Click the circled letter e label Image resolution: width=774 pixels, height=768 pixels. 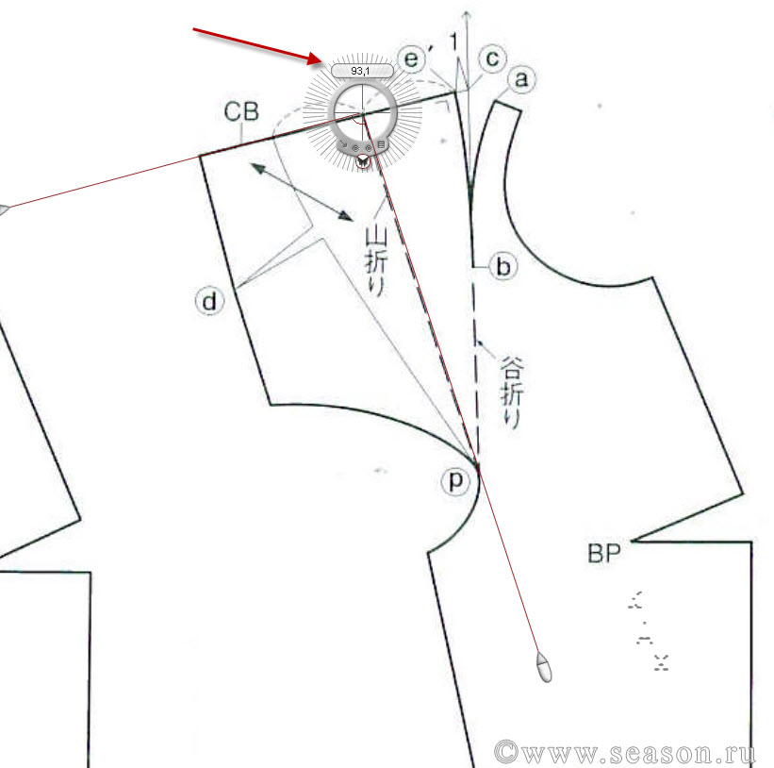click(411, 59)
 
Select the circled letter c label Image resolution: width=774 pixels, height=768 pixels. click(492, 58)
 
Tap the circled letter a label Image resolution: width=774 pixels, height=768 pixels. click(521, 79)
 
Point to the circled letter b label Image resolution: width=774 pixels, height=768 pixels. click(503, 267)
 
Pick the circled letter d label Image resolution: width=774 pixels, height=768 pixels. click(210, 301)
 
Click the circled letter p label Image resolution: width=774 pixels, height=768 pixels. click(455, 480)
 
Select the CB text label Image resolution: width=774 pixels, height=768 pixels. click(241, 111)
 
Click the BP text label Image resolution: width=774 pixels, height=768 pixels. click(603, 553)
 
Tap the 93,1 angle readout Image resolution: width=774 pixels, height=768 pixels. click(360, 71)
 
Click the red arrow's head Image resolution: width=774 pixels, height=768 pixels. click(315, 58)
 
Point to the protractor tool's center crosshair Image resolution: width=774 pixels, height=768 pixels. click(362, 113)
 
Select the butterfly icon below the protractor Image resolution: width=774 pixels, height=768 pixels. click(363, 161)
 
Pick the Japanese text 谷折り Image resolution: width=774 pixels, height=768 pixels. click(511, 392)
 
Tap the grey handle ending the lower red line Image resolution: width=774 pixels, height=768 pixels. click(544, 667)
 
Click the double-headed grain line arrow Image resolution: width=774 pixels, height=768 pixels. click(302, 192)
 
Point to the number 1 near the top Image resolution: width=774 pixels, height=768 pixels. click(453, 42)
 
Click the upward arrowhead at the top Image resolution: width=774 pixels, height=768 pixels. click(467, 15)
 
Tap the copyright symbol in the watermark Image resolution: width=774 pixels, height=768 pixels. click(506, 752)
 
